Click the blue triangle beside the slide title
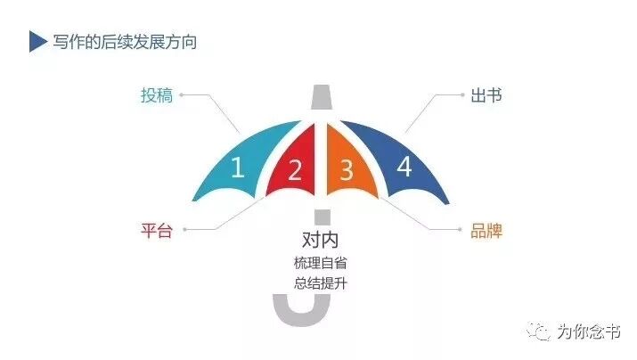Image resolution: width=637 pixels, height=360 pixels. pyautogui.click(x=37, y=41)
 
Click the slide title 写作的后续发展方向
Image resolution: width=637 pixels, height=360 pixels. pyautogui.click(x=124, y=42)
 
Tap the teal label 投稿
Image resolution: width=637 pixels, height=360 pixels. pyautogui.click(x=156, y=94)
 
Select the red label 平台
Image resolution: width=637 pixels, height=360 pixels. pyautogui.click(x=156, y=230)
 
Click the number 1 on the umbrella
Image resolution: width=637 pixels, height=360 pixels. pyautogui.click(x=237, y=168)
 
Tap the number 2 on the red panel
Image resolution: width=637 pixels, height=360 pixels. pyautogui.click(x=294, y=170)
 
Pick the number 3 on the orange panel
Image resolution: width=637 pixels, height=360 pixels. pyautogui.click(x=347, y=168)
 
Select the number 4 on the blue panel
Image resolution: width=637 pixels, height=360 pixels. pyautogui.click(x=404, y=167)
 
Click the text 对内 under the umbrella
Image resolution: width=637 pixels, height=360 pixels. pyautogui.click(x=318, y=240)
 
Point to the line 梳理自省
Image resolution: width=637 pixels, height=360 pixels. pyautogui.click(x=318, y=263)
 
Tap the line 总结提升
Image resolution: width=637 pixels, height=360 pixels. pyautogui.click(x=318, y=284)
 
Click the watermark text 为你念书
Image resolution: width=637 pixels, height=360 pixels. pyautogui.click(x=589, y=332)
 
